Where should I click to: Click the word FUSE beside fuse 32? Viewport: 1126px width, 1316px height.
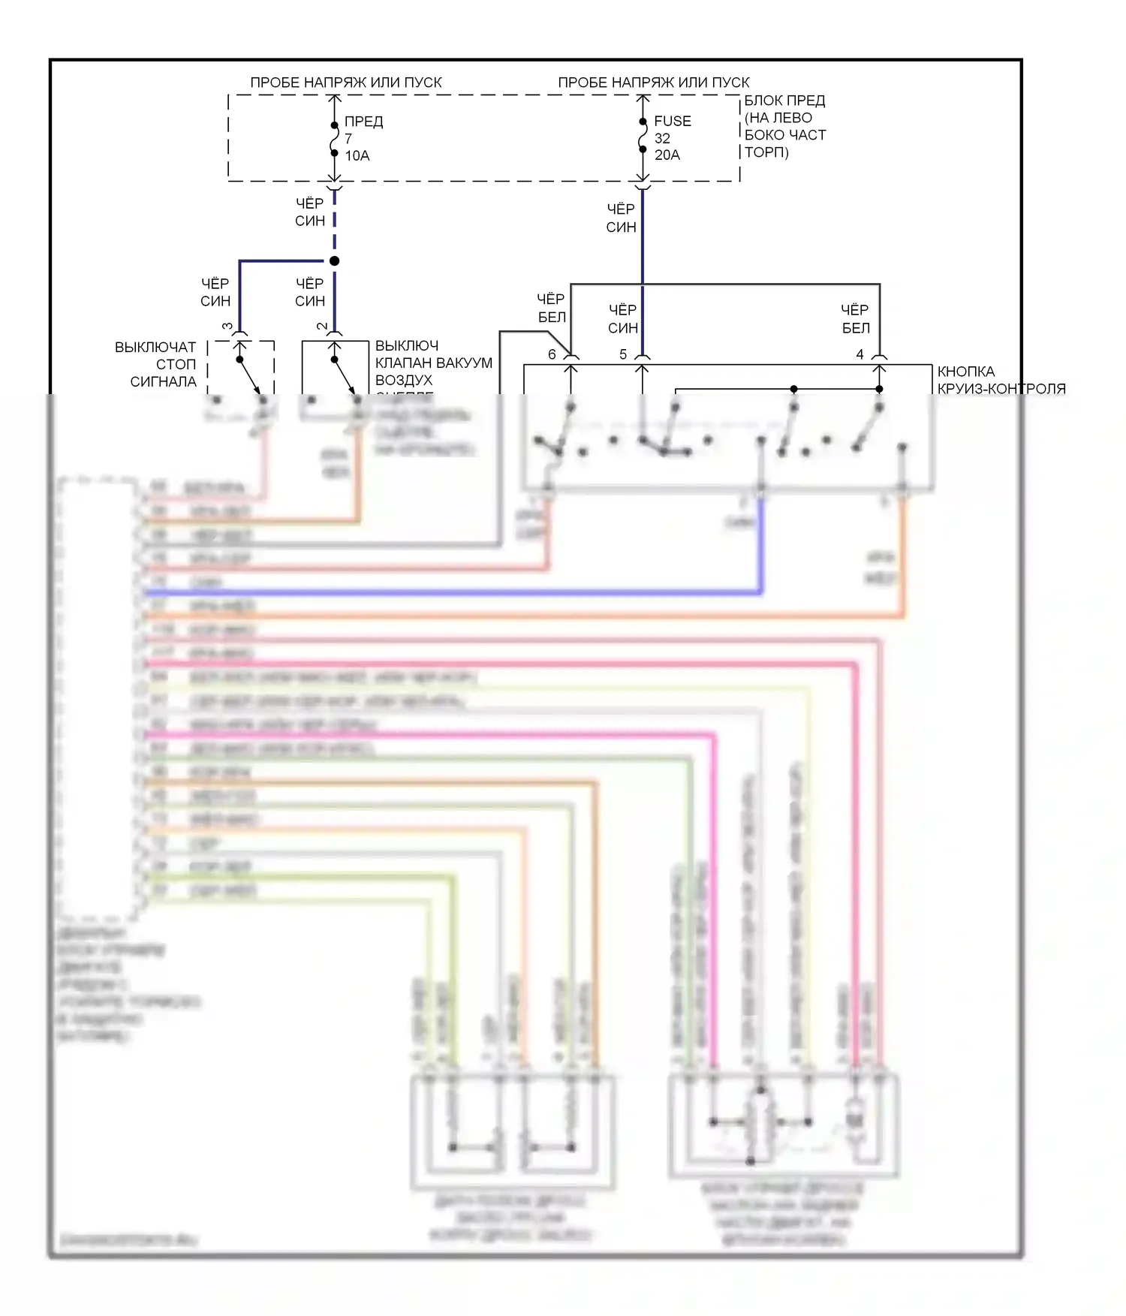(x=672, y=121)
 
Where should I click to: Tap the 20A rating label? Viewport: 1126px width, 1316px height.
(x=667, y=155)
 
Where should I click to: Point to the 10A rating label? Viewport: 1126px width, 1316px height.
(x=357, y=155)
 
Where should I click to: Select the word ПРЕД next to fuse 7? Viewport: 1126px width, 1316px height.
(x=363, y=122)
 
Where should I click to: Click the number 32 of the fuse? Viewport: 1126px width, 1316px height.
(x=662, y=138)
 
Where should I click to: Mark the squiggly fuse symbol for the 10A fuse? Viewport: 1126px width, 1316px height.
(x=335, y=139)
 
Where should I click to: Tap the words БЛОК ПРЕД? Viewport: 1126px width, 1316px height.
(x=784, y=101)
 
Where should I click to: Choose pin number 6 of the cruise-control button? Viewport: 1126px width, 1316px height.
(x=552, y=354)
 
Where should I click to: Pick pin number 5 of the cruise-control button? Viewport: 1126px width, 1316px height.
(x=623, y=354)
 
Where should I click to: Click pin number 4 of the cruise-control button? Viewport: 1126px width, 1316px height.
(x=860, y=354)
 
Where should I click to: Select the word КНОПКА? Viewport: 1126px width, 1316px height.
(x=965, y=372)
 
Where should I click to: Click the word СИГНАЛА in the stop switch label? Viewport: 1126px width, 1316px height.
(x=163, y=381)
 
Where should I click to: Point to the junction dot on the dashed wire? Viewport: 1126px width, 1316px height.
(x=335, y=260)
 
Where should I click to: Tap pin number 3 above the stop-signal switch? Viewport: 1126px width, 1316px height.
(x=227, y=327)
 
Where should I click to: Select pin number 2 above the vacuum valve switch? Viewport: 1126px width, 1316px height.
(x=322, y=327)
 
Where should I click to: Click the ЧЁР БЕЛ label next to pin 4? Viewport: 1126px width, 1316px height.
(x=855, y=319)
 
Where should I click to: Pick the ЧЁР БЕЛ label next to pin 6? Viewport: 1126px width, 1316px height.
(x=551, y=308)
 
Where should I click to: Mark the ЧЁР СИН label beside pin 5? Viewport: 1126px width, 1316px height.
(x=622, y=319)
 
